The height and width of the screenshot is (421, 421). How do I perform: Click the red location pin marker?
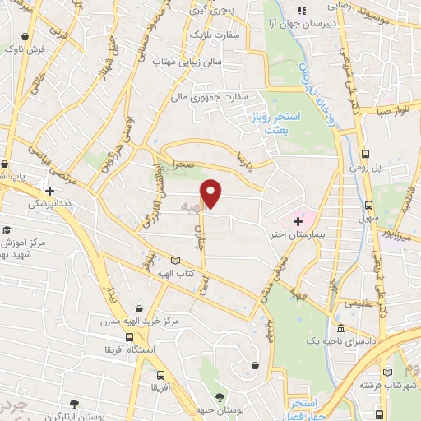(x=212, y=194)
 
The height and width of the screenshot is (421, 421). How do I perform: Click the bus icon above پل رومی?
(x=365, y=154)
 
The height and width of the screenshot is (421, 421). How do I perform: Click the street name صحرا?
(x=183, y=165)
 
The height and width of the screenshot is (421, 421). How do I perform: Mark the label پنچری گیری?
(x=215, y=12)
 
